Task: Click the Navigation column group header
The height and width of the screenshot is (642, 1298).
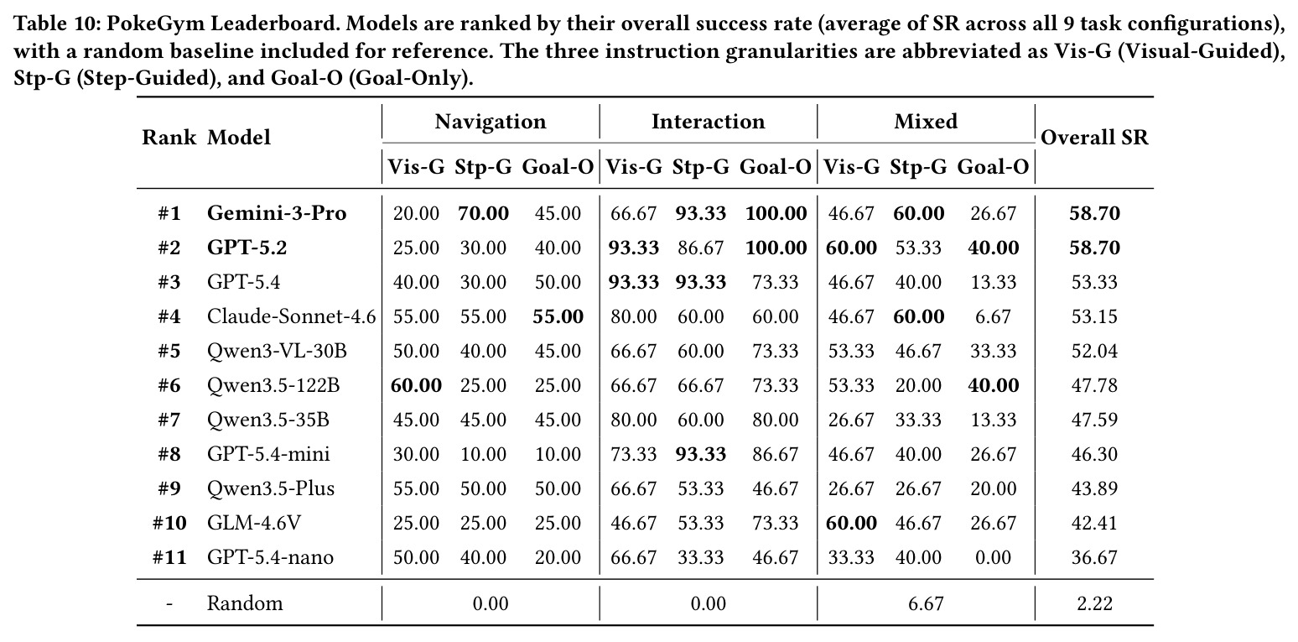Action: click(x=491, y=122)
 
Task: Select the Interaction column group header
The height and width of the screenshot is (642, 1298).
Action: click(x=708, y=122)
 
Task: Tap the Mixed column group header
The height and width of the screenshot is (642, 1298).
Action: click(x=926, y=122)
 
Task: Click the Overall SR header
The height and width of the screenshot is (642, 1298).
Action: click(x=1094, y=138)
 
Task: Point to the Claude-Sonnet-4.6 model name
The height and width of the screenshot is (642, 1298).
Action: click(x=292, y=316)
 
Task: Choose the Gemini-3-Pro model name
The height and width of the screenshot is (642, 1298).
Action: click(x=277, y=213)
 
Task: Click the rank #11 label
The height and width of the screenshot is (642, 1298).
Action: click(x=169, y=557)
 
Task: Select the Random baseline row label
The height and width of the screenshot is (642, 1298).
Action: click(x=245, y=603)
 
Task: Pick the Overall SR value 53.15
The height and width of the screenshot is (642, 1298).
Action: click(x=1094, y=316)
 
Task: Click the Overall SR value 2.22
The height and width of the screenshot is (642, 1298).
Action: click(x=1094, y=603)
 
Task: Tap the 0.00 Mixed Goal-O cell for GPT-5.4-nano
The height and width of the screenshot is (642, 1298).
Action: click(x=993, y=557)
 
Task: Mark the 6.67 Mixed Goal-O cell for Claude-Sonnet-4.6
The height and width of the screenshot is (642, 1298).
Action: click(x=993, y=316)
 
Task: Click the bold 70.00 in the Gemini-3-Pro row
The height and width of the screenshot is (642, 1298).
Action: click(x=483, y=213)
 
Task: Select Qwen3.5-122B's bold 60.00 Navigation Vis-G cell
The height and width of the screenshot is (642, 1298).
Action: click(x=416, y=386)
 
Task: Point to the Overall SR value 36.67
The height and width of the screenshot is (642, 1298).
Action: click(x=1094, y=557)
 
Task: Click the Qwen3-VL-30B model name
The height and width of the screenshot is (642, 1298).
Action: click(x=277, y=352)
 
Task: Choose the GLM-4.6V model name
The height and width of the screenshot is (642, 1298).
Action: click(x=254, y=523)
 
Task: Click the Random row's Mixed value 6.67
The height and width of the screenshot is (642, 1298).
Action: click(x=926, y=603)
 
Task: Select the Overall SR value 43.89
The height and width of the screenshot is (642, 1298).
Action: click(x=1094, y=489)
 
